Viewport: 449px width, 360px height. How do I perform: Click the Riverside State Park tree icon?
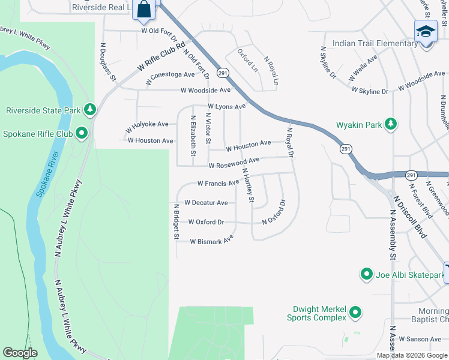[x=90, y=109]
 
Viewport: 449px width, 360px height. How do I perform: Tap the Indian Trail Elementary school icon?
[x=426, y=31]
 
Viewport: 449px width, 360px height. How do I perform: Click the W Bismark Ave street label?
[x=212, y=241]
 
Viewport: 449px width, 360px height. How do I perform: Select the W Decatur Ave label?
[x=206, y=203]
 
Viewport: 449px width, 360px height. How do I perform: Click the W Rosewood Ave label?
[x=234, y=163]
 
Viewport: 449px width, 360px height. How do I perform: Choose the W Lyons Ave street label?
[x=226, y=106]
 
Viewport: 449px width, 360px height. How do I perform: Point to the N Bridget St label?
[x=176, y=221]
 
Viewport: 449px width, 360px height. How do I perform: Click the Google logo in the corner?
[x=20, y=353]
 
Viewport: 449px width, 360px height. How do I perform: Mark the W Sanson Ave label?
[x=420, y=339]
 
